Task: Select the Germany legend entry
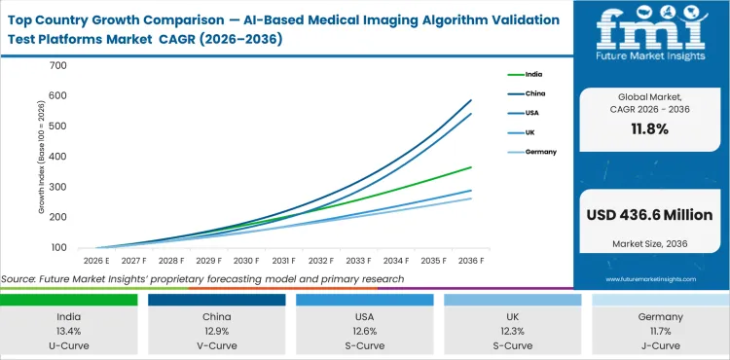tap(541, 152)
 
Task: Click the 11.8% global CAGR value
tap(650, 128)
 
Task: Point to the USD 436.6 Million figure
tap(650, 215)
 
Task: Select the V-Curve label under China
tap(216, 344)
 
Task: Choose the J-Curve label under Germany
tap(660, 344)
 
